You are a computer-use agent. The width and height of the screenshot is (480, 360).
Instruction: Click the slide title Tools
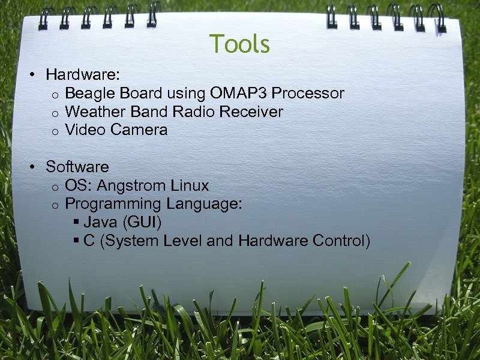pyautogui.click(x=240, y=44)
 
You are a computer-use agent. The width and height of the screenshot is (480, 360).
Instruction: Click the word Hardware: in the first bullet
pyautogui.click(x=83, y=75)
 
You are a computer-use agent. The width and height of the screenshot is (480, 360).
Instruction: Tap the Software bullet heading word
pyautogui.click(x=77, y=167)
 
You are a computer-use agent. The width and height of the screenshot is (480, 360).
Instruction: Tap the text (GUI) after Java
pyautogui.click(x=142, y=223)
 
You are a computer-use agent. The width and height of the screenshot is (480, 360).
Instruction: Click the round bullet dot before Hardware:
pyautogui.click(x=35, y=76)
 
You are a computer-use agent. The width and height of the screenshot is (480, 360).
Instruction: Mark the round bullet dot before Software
pyautogui.click(x=35, y=167)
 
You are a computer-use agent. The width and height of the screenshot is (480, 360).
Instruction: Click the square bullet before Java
pyautogui.click(x=76, y=223)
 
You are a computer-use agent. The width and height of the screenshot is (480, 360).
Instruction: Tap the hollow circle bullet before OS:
pyautogui.click(x=54, y=187)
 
